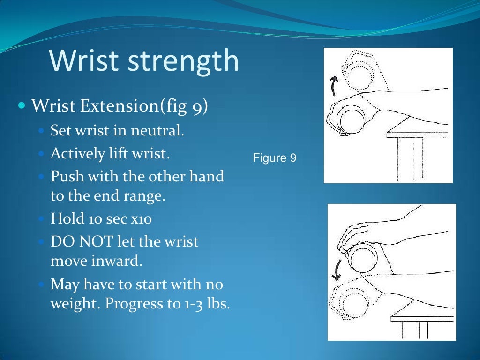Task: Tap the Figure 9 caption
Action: click(275, 158)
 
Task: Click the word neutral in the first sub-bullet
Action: click(158, 130)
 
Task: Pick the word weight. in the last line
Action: click(75, 303)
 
